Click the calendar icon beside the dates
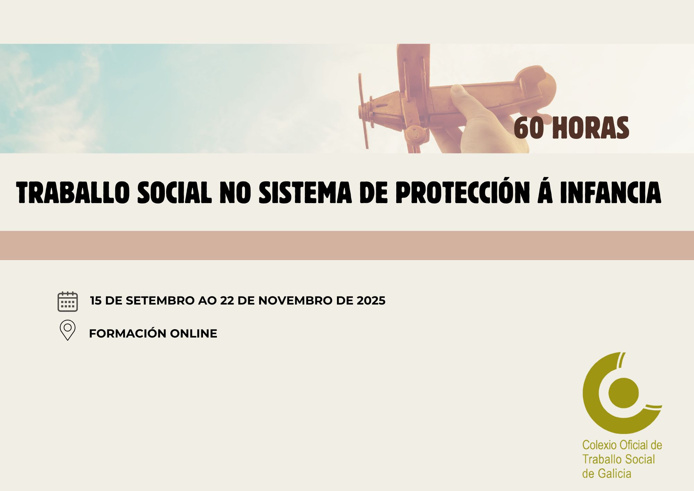click(x=68, y=301)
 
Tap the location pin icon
click(x=68, y=330)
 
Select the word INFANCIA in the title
click(x=611, y=192)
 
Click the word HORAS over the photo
click(x=590, y=128)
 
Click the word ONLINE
click(x=193, y=333)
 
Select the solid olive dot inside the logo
click(x=624, y=393)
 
